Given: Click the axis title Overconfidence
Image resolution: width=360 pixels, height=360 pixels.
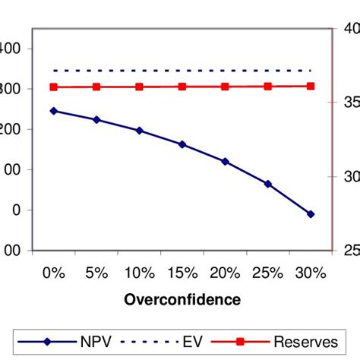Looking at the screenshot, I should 182,299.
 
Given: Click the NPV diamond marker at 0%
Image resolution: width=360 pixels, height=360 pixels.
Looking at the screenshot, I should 53,111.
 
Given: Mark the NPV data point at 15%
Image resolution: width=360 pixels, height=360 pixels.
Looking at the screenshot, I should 182,144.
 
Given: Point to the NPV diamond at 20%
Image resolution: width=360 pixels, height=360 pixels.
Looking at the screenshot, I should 225,161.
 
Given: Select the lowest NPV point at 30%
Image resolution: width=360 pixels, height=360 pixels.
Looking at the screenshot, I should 311,214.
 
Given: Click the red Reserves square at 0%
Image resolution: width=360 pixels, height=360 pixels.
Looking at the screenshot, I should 53,87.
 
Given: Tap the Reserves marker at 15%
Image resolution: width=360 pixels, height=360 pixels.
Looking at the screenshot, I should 182,87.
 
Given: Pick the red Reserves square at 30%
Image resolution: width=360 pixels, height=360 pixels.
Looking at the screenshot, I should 311,86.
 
